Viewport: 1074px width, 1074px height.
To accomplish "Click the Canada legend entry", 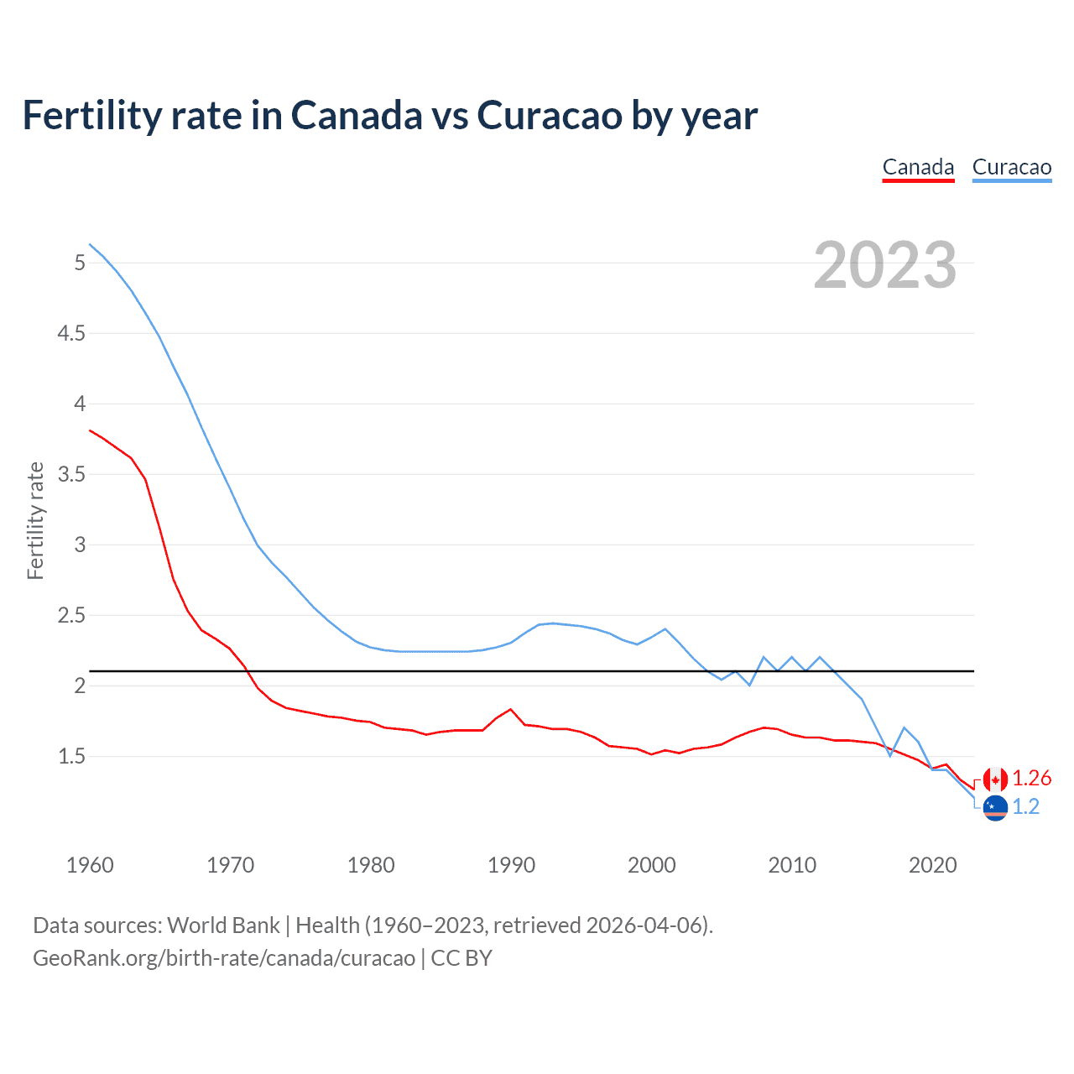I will click(x=918, y=167).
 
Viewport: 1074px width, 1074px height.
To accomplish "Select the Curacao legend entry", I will click(x=1011, y=167).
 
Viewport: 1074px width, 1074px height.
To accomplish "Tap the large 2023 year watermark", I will click(x=884, y=265).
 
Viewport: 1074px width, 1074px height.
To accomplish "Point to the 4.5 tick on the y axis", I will click(x=71, y=333).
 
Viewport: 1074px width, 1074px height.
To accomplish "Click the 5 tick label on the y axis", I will click(x=80, y=263).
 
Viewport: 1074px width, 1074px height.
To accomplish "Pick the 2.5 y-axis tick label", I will click(x=71, y=615).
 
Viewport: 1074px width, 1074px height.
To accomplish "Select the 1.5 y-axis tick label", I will click(x=71, y=756).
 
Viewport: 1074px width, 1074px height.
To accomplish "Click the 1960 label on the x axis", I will click(x=90, y=865).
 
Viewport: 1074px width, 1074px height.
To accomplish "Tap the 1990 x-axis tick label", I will click(x=511, y=865).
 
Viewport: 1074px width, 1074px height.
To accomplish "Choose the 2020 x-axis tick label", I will click(x=932, y=865).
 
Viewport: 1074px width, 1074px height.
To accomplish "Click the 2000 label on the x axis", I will click(x=651, y=865).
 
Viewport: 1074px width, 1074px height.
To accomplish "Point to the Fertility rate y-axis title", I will click(x=35, y=520).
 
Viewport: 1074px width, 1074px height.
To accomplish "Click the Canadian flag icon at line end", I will click(x=995, y=779).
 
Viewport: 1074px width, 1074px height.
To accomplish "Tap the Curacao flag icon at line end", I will click(x=995, y=808).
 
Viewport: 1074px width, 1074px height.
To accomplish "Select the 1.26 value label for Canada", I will click(x=1031, y=779).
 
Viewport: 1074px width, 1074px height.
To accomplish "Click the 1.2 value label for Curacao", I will click(x=1025, y=807).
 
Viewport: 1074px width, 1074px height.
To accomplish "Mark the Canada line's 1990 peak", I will click(x=510, y=709).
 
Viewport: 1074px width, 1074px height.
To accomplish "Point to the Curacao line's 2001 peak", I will click(x=665, y=628).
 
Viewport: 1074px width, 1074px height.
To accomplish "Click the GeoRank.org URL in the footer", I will click(x=224, y=958).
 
